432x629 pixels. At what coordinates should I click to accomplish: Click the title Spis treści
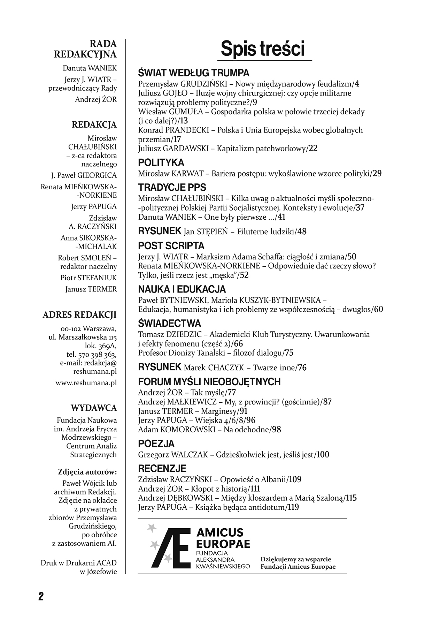263,49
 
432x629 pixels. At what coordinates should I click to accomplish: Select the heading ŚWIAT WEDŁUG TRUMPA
194,73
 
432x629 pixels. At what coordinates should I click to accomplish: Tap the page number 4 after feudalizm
356,84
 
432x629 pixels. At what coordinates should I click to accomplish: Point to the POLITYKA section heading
161,163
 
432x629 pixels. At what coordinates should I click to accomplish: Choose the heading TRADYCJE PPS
172,188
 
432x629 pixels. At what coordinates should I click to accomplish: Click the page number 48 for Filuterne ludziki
302,232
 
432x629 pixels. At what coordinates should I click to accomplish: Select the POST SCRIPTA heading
171,246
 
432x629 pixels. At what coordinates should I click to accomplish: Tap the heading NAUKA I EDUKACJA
182,289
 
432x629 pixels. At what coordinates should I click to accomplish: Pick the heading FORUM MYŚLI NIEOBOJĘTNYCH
209,382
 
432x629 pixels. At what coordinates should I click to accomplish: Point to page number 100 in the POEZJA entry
323,455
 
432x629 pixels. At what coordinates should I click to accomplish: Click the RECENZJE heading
162,468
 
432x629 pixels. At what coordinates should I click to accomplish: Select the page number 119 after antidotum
293,507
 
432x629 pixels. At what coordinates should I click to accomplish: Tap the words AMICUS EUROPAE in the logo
223,538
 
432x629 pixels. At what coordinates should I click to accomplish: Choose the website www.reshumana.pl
86,383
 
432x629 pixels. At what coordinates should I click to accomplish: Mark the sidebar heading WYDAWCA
94,408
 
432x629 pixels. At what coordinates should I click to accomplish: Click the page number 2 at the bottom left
41,596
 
